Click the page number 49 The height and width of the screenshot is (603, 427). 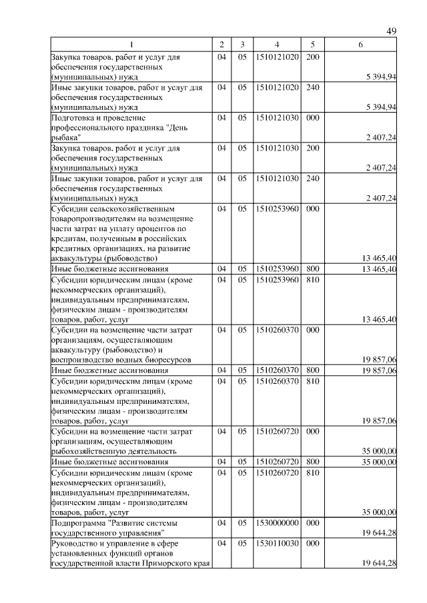(x=392, y=31)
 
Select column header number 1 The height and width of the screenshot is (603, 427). (x=131, y=45)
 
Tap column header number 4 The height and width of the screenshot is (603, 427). (x=276, y=45)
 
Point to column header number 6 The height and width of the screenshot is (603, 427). (x=360, y=45)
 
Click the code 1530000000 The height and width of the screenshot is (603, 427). (x=276, y=524)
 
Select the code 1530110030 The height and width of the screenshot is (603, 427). (x=276, y=544)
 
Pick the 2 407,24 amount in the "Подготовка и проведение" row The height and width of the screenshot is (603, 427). (x=381, y=137)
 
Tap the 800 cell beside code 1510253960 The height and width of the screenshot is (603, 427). (x=312, y=269)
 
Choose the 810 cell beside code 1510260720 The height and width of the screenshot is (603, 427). (x=312, y=472)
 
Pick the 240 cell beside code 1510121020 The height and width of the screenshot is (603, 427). (x=312, y=87)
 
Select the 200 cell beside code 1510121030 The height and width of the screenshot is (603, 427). (x=312, y=148)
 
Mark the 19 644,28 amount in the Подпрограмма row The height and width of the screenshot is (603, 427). (x=380, y=533)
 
